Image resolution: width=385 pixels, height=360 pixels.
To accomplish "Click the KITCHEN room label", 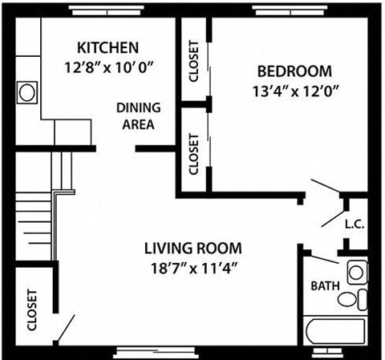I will coord(107,47).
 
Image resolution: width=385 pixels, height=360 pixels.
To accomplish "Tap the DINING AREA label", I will coord(138,115).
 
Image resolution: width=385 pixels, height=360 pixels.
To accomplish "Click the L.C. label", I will coord(354,225).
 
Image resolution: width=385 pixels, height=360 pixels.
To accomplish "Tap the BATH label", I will coord(325,285).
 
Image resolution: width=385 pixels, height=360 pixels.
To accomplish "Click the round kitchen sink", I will coord(27,92).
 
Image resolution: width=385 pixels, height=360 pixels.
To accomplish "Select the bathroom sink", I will coord(355,272).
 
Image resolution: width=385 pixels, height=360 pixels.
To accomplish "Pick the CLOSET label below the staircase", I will coord(32,311).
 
